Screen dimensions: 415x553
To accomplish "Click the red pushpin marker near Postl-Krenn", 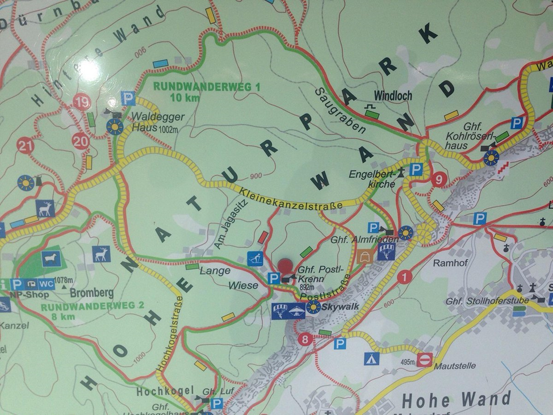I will pos(285,266).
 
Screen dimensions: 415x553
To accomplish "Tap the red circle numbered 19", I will pos(82,102).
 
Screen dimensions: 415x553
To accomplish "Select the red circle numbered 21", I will pos(25,146).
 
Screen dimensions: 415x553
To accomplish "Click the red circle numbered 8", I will pos(305,340).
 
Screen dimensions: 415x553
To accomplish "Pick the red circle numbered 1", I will pos(404,277).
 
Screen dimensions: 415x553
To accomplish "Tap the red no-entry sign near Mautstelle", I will pos(425,359).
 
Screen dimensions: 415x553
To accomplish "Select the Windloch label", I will pos(393,96).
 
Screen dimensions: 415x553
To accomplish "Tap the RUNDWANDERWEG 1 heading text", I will pos(207,87).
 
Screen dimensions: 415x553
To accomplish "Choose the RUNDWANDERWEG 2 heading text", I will pos(93,306).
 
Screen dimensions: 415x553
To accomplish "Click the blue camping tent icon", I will pos(371,358).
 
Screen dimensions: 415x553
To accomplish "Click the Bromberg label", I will pos(91,294).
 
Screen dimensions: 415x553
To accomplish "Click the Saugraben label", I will pos(341,110).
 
